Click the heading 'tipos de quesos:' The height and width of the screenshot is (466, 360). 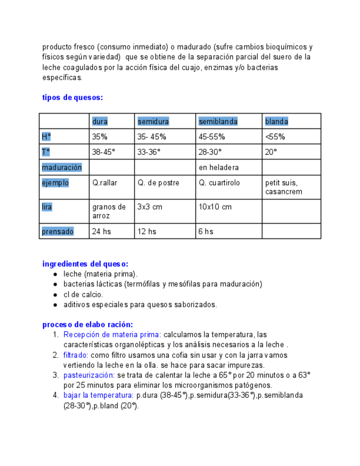click(73, 97)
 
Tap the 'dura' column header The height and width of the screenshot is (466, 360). click(100, 121)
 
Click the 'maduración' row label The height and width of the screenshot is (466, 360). click(62, 167)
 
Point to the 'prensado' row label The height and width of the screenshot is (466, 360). click(58, 231)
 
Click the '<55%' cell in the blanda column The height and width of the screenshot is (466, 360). click(275, 137)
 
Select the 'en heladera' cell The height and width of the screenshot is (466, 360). click(219, 167)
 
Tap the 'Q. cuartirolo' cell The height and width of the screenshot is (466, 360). click(219, 182)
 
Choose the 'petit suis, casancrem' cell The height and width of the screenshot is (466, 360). click(284, 187)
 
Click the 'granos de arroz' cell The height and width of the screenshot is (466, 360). click(108, 212)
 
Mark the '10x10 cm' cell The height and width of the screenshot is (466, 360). click(215, 207)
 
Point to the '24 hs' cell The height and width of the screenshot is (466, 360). click(101, 231)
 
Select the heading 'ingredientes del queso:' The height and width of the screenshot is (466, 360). click(85, 264)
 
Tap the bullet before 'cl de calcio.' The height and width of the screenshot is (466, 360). click(56, 295)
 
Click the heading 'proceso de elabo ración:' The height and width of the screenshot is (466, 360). click(87, 324)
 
